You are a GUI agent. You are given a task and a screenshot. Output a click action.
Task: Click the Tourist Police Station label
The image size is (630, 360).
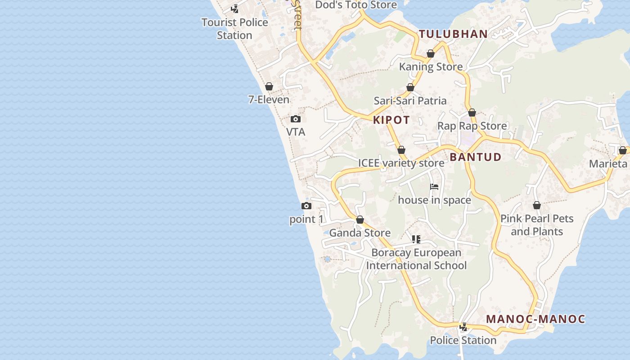234,28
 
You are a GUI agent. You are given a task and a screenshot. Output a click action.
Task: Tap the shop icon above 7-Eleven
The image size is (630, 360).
269,86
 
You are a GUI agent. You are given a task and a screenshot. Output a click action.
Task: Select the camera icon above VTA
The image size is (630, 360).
296,119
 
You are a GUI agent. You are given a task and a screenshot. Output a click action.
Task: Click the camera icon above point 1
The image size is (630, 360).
306,206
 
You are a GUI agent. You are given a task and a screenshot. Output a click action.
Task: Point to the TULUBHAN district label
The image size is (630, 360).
453,34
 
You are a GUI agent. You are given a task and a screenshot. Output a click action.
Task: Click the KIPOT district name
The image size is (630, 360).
391,120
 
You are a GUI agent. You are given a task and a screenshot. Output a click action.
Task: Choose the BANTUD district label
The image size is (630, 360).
475,157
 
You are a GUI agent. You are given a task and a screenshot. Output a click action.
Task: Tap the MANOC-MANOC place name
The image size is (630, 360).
535,319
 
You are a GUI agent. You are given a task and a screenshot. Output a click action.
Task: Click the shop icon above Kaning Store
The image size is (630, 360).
431,54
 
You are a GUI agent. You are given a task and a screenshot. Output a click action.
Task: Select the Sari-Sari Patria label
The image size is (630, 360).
410,101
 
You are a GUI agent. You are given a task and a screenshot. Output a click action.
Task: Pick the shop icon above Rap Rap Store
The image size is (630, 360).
472,112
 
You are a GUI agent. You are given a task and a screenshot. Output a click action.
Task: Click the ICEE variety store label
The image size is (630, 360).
401,163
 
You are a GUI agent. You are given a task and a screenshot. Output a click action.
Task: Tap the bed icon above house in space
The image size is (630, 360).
434,187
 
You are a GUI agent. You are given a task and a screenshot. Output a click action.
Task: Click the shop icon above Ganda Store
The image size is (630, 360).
360,220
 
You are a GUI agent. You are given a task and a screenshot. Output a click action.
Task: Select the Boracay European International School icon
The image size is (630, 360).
416,239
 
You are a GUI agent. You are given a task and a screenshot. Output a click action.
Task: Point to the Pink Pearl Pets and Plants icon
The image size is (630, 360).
537,206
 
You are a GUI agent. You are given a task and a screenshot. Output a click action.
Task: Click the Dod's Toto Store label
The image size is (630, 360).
356,5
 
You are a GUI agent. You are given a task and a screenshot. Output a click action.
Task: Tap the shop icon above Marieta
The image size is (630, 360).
623,150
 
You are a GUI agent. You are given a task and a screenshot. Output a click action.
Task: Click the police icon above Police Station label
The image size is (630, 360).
463,327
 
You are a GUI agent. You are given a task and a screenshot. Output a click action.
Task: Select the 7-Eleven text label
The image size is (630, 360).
269,99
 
